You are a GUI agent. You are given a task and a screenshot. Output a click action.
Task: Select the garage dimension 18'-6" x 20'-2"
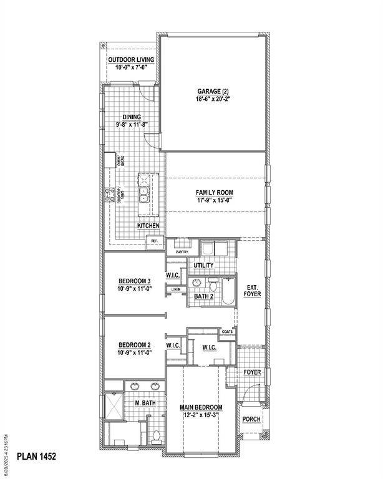click(214, 99)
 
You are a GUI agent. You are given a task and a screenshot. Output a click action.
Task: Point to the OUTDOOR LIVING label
click(131, 60)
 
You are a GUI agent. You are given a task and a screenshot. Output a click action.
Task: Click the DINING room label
click(132, 117)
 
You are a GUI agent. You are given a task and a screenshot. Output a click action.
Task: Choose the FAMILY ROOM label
click(215, 193)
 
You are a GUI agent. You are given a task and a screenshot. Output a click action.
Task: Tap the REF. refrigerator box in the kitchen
click(154, 241)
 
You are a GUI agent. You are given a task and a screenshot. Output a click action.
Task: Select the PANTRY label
click(182, 252)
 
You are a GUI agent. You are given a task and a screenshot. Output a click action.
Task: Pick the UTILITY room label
click(203, 265)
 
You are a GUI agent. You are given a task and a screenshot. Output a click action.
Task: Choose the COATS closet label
click(226, 332)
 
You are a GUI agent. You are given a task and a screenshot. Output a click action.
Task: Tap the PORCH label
click(251, 419)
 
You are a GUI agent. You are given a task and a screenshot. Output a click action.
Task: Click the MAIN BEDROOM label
click(201, 407)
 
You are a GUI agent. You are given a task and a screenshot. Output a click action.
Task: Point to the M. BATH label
click(145, 403)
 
